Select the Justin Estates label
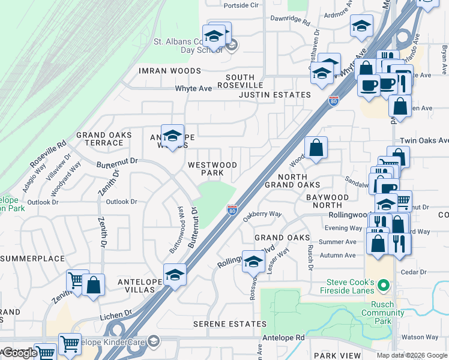tap(274, 95)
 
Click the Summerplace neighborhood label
tap(32, 259)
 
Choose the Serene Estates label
tap(229, 324)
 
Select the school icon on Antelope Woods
tap(172, 136)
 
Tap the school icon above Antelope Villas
tap(175, 275)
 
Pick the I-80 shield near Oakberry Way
tap(232, 209)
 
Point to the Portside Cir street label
tap(240, 5)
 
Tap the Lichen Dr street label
tap(120, 314)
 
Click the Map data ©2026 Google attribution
tap(411, 355)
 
